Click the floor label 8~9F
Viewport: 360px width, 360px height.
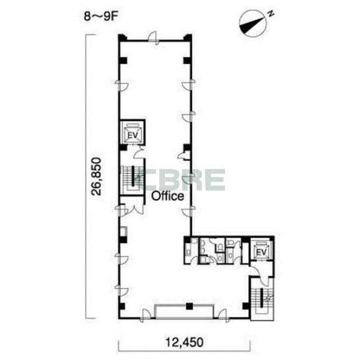tap(101, 17)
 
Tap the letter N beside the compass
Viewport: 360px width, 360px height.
tap(271, 14)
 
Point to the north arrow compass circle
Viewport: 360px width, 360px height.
tap(253, 24)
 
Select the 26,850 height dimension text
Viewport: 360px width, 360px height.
tap(96, 176)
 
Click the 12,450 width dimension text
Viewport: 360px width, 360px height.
tap(185, 342)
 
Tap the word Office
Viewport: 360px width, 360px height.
tap(167, 197)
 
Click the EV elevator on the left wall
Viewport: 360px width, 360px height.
tap(133, 132)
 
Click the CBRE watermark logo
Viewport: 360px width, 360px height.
tap(181, 179)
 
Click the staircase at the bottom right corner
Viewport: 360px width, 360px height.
tap(262, 298)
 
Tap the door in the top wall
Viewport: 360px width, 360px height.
tap(154, 38)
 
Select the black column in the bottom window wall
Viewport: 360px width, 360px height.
tap(189, 306)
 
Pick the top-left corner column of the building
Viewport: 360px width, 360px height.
tap(122, 38)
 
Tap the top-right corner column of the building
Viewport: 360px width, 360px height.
tap(188, 38)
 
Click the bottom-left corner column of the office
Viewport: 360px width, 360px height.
tap(122, 306)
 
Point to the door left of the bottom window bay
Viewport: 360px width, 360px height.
tap(146, 315)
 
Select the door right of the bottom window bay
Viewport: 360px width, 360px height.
tap(223, 315)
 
